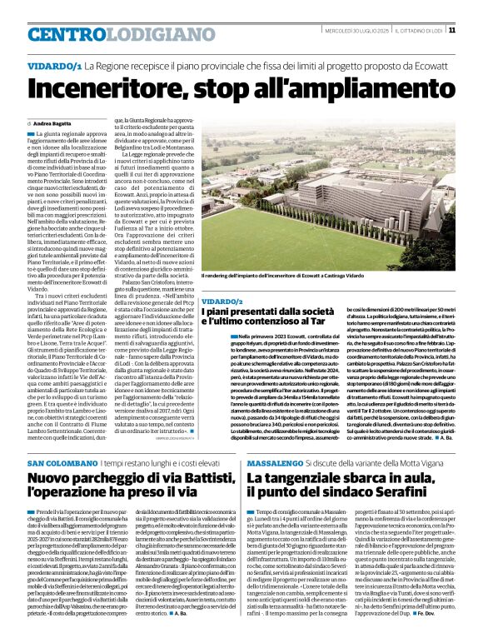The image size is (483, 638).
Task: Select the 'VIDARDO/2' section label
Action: pos(221,301)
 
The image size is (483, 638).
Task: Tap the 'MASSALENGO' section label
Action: pos(272,462)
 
